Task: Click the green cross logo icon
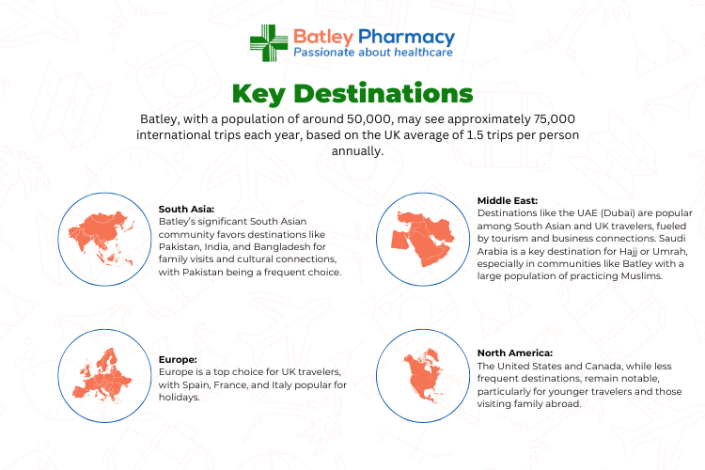(269, 42)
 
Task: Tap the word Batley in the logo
(323, 37)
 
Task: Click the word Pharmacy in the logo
(406, 38)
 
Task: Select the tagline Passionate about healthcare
(373, 53)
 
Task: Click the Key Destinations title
(352, 94)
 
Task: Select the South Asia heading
(187, 209)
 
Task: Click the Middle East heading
(508, 200)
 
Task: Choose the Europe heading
(178, 360)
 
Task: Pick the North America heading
(515, 353)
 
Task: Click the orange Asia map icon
(102, 237)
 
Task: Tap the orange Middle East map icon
(422, 239)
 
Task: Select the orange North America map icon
(424, 375)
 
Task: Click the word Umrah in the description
(669, 251)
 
